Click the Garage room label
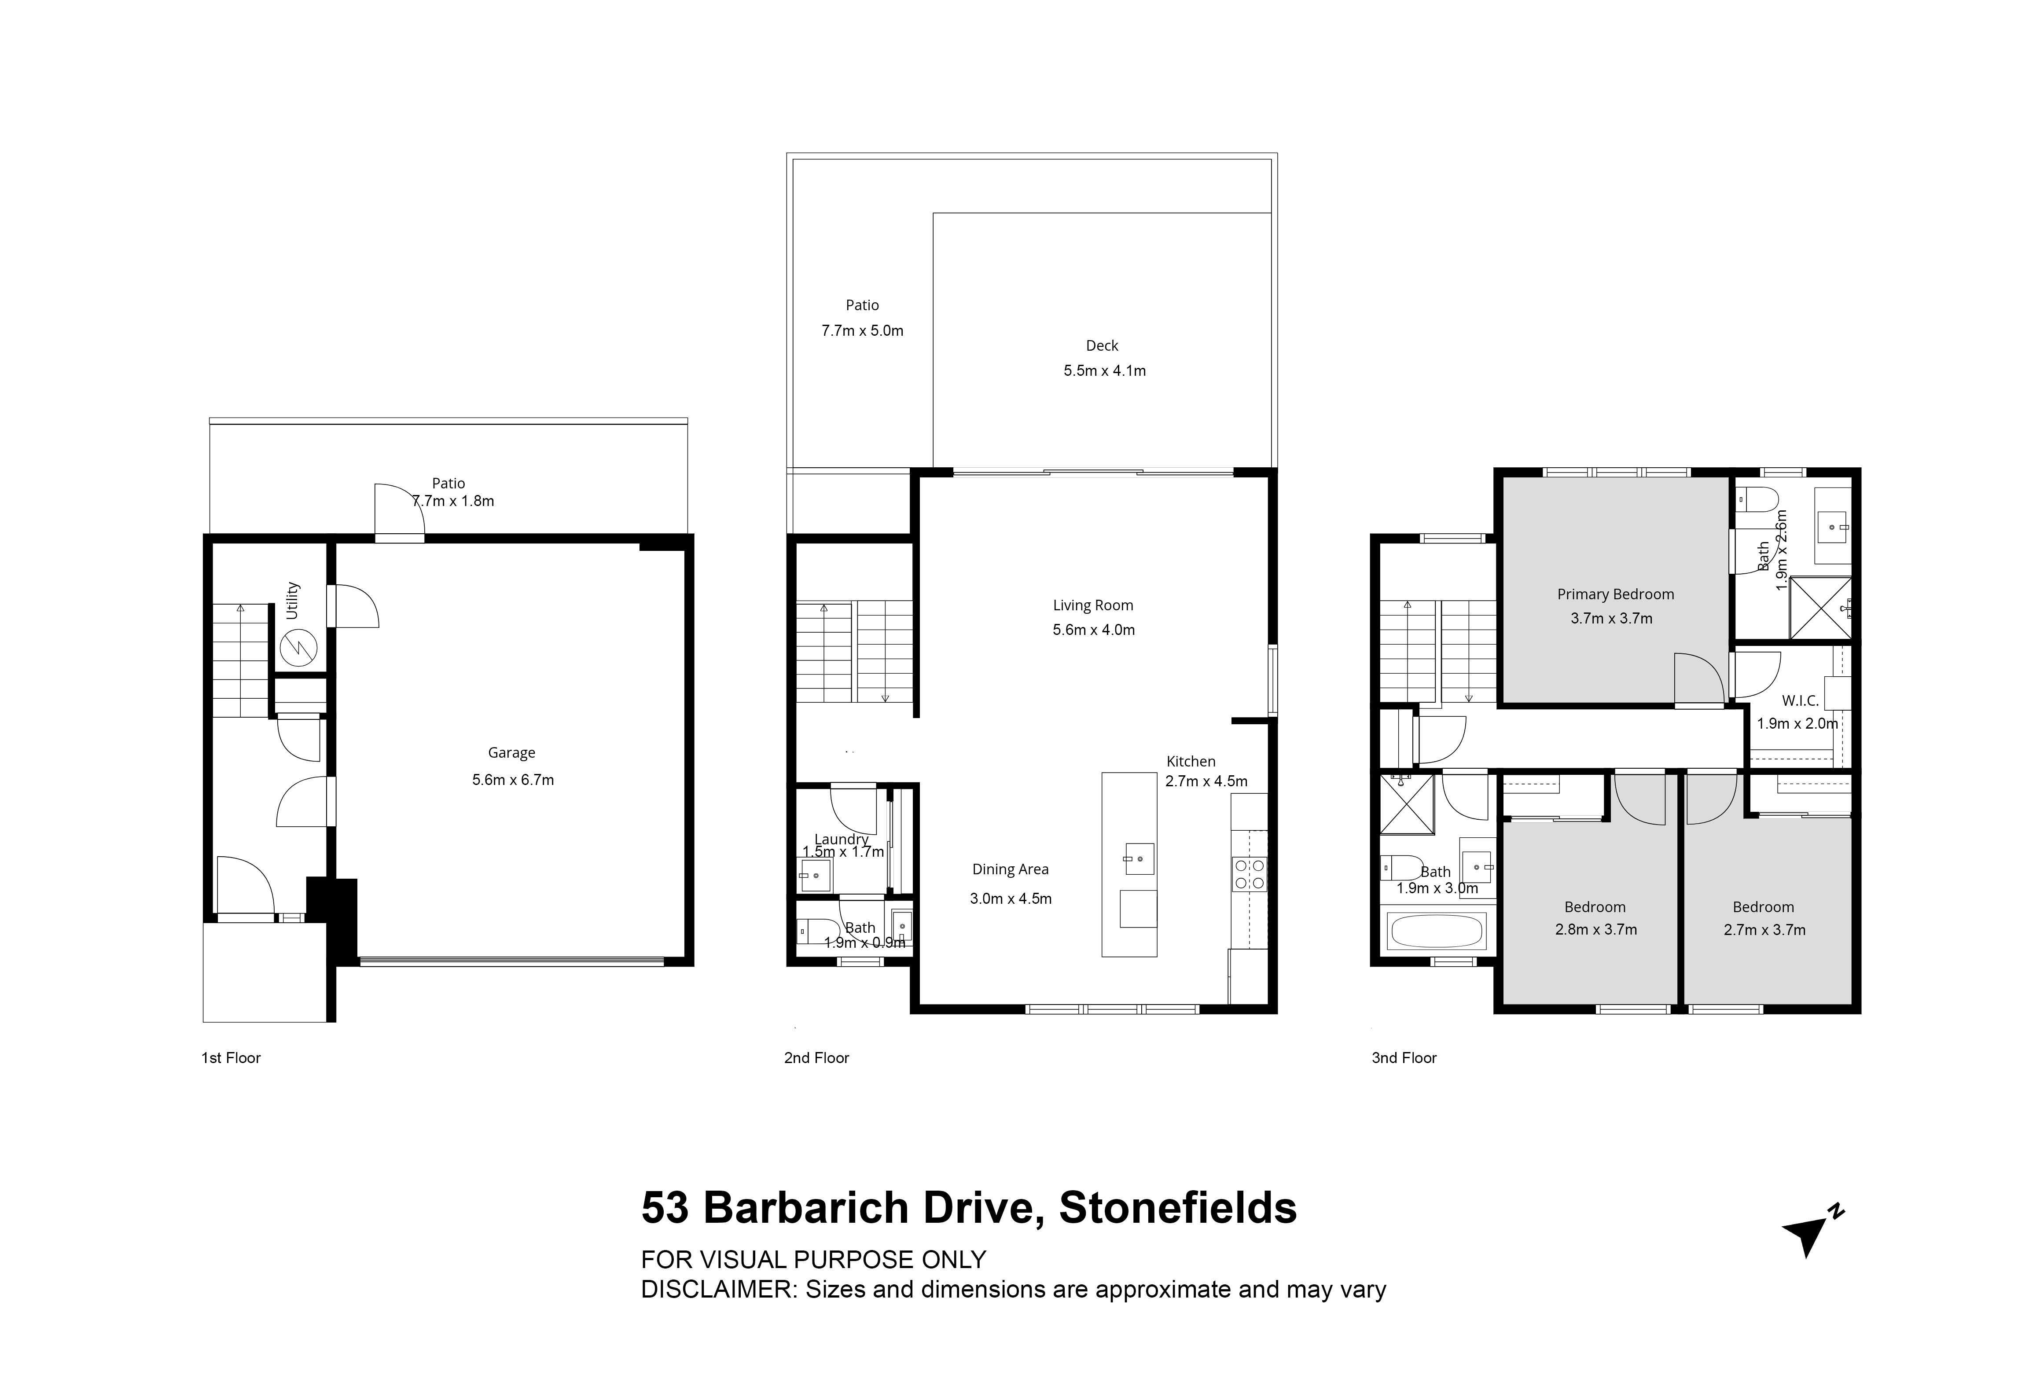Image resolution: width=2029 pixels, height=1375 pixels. [x=511, y=752]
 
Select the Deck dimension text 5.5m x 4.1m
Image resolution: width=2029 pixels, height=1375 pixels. [x=1104, y=370]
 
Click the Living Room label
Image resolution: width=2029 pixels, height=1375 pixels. [x=1093, y=605]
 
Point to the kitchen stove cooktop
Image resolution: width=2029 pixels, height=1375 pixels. [x=1250, y=874]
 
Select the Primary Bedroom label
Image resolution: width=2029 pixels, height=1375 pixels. [x=1615, y=594]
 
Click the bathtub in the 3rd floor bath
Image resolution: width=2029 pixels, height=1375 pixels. [x=1436, y=931]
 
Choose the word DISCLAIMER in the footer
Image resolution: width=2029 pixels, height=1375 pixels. [x=720, y=1290]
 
